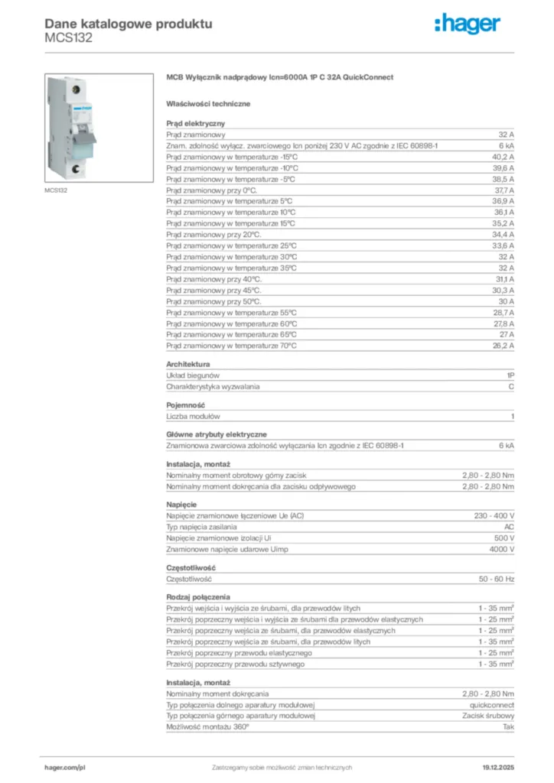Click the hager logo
pos(468,24)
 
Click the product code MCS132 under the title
pos(69,37)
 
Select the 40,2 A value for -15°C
pos(502,156)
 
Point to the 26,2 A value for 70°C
pos(502,346)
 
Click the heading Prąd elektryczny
pos(195,122)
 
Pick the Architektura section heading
pos(188,365)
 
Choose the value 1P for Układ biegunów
pos(510,375)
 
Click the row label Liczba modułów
pos(194,417)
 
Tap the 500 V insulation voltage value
pos(503,538)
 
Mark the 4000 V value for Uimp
pos(501,550)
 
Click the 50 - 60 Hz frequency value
pos(496,579)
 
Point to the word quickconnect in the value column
pos(492,704)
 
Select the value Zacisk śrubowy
pos(488,716)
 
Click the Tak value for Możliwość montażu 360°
pos(508,726)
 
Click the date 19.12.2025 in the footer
pos(498,767)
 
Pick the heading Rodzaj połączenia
pos(198,596)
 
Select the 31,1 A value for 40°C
pos(502,279)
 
